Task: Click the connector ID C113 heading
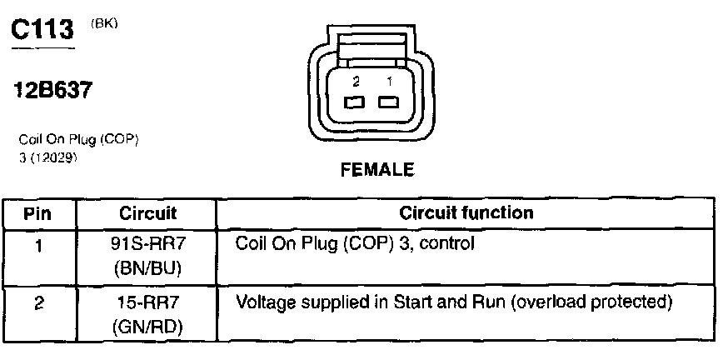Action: [44, 32]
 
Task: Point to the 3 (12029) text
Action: [47, 156]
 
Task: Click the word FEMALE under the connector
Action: [377, 170]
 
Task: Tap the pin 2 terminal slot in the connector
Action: [355, 102]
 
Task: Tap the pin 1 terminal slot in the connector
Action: [387, 102]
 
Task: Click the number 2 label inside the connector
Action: [356, 82]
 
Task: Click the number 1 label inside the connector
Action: [388, 82]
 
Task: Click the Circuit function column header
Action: [466, 213]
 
